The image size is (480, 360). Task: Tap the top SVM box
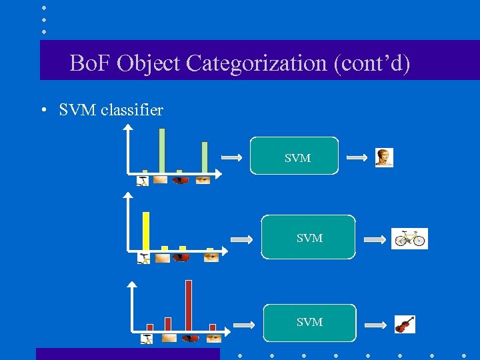point(294,156)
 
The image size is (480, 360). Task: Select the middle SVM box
point(308,237)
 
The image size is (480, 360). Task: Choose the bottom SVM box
point(309,322)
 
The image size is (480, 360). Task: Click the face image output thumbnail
point(383,157)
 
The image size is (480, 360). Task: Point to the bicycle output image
point(409,239)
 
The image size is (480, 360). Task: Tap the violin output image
point(404,325)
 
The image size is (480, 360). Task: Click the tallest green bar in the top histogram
point(161,151)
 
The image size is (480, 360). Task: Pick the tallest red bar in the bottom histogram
point(189,305)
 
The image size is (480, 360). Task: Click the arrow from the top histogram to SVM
point(231,158)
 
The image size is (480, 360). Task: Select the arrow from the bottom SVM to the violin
point(375,325)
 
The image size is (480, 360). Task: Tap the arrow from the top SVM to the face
point(357,158)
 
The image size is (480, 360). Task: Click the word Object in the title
point(149,63)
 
